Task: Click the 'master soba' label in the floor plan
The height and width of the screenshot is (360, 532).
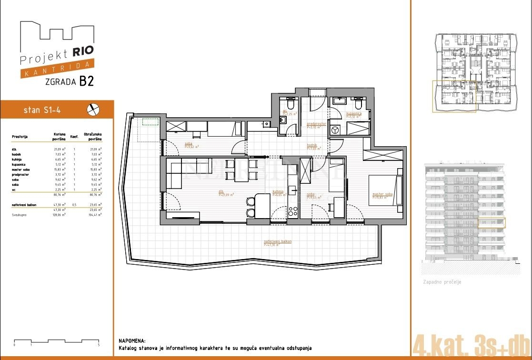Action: (381, 194)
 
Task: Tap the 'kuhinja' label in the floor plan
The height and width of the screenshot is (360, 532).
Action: (278, 191)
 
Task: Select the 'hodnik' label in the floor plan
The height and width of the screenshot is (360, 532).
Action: (312, 145)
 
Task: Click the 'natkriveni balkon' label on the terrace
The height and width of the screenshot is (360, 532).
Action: (278, 241)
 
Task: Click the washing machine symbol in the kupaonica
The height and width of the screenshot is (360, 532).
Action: (336, 130)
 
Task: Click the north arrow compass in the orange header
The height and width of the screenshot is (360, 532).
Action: (93, 110)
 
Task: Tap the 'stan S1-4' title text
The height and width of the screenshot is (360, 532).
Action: (42, 110)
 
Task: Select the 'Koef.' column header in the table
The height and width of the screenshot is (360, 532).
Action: (74, 137)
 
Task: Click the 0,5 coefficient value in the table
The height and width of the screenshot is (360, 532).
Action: (74, 205)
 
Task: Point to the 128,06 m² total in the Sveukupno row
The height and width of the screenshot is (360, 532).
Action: (59, 215)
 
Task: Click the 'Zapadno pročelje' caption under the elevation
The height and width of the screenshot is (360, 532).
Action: (442, 282)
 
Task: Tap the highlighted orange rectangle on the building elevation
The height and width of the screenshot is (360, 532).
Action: (491, 222)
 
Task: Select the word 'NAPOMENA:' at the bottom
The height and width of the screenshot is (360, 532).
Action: (132, 341)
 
